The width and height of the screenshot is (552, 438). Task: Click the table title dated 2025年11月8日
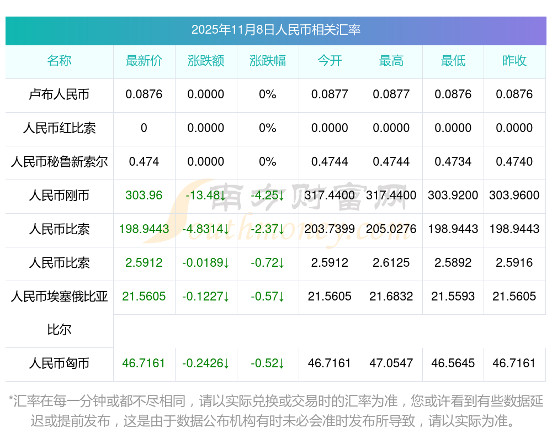click(x=275, y=30)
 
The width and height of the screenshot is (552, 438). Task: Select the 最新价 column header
click(x=144, y=61)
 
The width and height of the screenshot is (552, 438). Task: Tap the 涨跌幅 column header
click(x=267, y=61)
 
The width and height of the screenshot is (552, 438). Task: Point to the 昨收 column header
click(x=514, y=61)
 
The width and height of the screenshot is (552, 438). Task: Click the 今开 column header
click(x=330, y=61)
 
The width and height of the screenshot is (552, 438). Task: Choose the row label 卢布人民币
click(x=59, y=94)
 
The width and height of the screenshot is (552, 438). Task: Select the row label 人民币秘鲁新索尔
click(x=59, y=162)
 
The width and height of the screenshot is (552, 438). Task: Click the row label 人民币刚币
click(x=59, y=196)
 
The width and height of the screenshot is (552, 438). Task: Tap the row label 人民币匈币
click(x=59, y=363)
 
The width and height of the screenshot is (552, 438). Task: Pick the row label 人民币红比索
click(x=59, y=128)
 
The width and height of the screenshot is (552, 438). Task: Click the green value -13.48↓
click(x=205, y=196)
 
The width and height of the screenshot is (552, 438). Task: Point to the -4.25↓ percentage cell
click(x=267, y=196)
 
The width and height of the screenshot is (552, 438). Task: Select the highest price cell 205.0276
click(x=391, y=229)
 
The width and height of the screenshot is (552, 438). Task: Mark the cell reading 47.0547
click(x=391, y=363)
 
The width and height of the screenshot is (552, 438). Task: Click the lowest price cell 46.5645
click(x=453, y=363)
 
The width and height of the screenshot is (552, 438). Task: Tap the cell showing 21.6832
click(x=391, y=297)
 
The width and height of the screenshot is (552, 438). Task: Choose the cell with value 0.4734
click(x=453, y=162)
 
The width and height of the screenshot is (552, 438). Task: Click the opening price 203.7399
click(x=330, y=229)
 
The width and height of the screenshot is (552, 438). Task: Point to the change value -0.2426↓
click(x=205, y=363)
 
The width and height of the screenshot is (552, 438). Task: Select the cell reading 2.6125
click(x=391, y=263)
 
